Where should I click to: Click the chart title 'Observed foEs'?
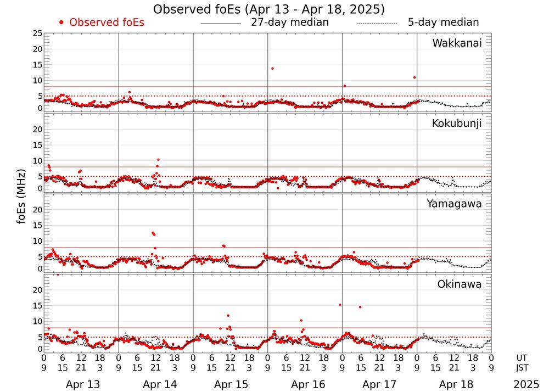tap(268, 9)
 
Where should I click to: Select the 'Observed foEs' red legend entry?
tap(102, 23)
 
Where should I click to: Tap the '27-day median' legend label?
tap(289, 23)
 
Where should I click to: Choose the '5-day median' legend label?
tap(443, 23)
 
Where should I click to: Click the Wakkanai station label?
tap(457, 43)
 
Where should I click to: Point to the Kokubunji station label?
tap(456, 124)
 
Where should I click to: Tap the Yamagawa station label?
tap(455, 204)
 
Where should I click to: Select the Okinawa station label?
tap(459, 284)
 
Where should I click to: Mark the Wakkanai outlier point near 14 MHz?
tap(272, 69)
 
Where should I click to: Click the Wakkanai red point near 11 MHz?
tap(414, 77)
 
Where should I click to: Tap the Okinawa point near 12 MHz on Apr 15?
tap(228, 316)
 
